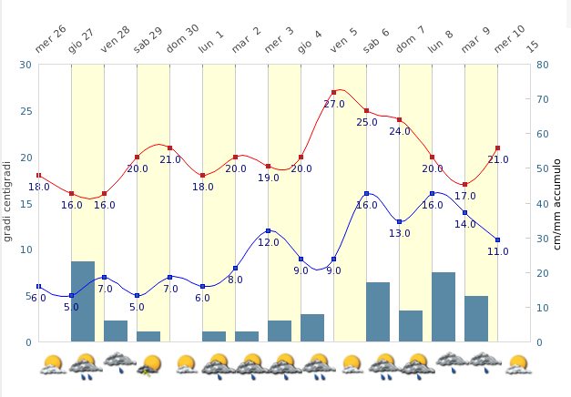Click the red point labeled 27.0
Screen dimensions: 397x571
(334, 92)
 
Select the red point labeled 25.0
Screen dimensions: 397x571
(367, 111)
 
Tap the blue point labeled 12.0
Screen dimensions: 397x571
(269, 231)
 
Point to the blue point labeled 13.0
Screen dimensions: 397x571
(400, 222)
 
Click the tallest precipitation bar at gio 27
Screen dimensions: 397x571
(83, 301)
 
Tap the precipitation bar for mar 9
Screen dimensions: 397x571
(476, 319)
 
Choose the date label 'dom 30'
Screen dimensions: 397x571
(182, 40)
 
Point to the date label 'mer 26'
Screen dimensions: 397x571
(51, 40)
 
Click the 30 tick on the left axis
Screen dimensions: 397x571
(23, 65)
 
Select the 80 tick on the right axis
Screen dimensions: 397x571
(543, 65)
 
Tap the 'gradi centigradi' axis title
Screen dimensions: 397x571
(8, 200)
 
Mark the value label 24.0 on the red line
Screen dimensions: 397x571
(400, 131)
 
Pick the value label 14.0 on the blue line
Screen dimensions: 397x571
(465, 224)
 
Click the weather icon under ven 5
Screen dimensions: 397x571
(351, 364)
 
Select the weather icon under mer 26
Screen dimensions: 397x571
(53, 364)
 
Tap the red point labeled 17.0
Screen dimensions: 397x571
(465, 185)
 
